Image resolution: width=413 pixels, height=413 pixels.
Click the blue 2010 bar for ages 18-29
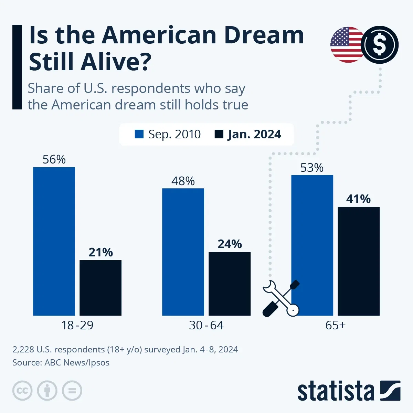54,241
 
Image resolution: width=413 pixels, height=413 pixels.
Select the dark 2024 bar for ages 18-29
100,287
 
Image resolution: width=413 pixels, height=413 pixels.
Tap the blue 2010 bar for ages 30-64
183,252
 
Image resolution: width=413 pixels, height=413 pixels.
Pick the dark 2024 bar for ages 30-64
230,284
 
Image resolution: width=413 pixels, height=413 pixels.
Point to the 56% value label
54,159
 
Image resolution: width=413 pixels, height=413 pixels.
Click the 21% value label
100,252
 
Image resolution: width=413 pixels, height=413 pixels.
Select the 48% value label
183,181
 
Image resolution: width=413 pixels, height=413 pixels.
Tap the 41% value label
359,199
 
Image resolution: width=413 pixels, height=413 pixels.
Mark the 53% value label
312,168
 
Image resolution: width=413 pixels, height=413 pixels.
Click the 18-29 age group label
77,325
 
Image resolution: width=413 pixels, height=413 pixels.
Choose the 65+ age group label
335,325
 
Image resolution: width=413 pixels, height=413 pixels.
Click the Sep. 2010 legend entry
168,134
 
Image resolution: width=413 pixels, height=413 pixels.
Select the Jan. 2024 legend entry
248,134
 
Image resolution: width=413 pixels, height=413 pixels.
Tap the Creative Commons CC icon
22,391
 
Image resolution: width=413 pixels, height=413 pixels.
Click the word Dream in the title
264,35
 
